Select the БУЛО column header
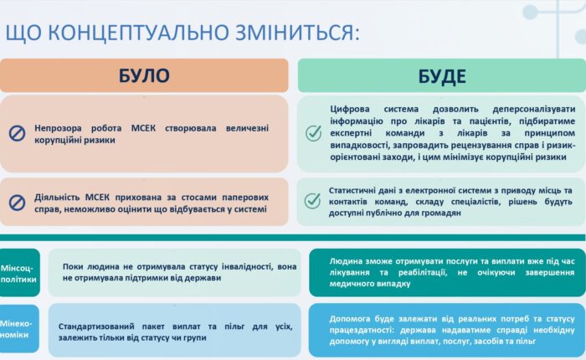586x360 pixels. (x=144, y=76)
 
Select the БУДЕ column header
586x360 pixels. (x=441, y=76)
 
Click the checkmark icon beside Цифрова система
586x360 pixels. (x=313, y=133)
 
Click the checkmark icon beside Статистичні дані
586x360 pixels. (x=313, y=201)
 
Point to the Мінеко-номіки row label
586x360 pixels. (x=19, y=329)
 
